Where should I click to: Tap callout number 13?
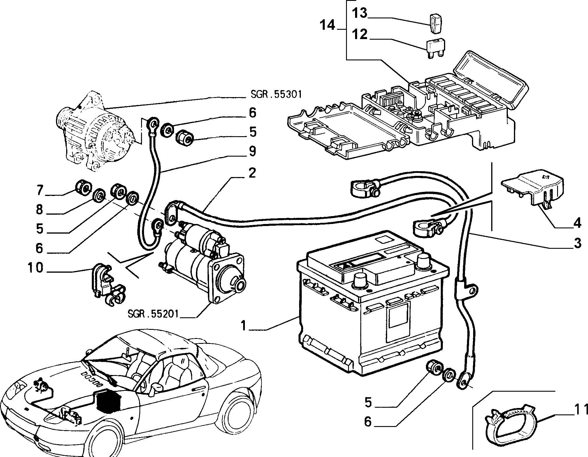(x=359, y=13)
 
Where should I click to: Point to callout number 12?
(x=359, y=34)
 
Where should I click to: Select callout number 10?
(x=36, y=267)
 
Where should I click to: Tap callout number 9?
(x=252, y=151)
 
